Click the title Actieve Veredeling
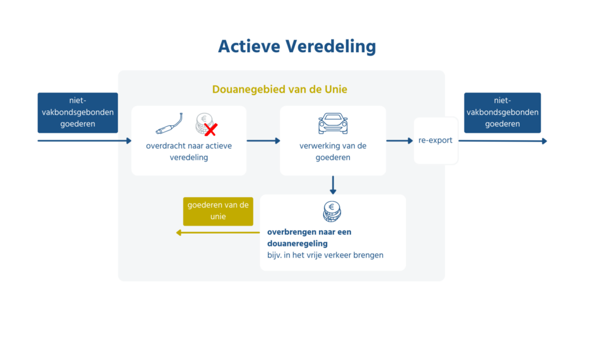296,46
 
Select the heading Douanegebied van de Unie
280,89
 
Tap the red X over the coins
211,129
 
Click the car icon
333,123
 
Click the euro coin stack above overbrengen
332,212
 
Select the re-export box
436,140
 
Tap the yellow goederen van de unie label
218,211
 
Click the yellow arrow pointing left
218,232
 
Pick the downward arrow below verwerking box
333,186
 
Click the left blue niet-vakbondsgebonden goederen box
78,112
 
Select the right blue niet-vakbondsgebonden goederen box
502,112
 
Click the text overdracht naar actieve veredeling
189,151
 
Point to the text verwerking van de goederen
333,151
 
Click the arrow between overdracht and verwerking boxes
263,140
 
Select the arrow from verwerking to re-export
400,140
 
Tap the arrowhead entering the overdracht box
128,140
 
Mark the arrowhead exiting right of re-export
544,141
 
